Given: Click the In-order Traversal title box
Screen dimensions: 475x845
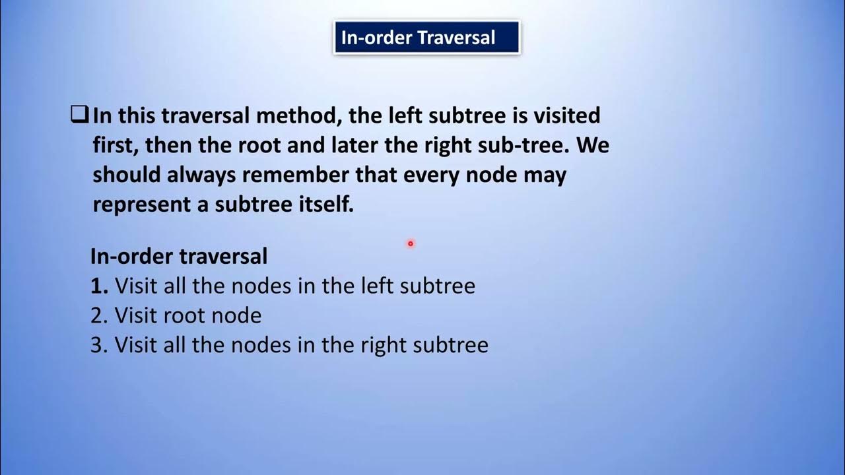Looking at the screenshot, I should click(x=426, y=38).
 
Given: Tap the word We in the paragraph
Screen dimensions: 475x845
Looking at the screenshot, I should click(x=593, y=146).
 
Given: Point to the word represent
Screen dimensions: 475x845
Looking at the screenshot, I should click(x=142, y=205).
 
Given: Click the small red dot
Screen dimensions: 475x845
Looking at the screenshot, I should click(x=410, y=244).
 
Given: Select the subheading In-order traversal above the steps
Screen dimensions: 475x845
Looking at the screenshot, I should click(x=179, y=256).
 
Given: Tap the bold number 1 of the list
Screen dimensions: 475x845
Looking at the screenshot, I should click(x=98, y=286).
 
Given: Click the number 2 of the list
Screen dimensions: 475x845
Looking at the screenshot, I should click(x=98, y=316).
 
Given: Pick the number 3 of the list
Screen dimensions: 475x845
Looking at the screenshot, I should click(x=98, y=345).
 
